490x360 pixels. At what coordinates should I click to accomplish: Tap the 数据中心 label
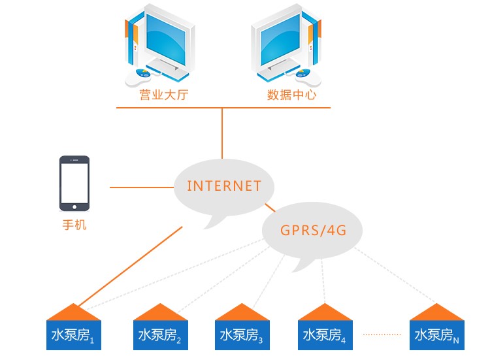tap(292, 95)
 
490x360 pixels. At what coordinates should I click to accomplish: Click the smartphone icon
tap(74, 184)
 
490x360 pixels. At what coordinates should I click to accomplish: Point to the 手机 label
tap(74, 226)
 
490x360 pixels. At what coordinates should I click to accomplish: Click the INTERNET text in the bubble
tap(223, 186)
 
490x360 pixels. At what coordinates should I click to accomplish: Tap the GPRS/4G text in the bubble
tap(312, 230)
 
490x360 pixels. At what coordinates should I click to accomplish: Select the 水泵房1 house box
tap(74, 335)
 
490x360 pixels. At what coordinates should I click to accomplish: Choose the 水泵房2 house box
tap(160, 335)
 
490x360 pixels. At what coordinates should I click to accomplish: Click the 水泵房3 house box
tap(242, 335)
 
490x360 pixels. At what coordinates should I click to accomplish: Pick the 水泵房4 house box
tap(325, 335)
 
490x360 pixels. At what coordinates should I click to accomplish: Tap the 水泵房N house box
tap(437, 335)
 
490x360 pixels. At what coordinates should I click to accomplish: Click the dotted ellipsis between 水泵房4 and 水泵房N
tap(382, 335)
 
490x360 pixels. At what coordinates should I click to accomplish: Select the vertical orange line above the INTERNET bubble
tap(222, 134)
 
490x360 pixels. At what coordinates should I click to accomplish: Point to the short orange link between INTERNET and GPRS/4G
tap(269, 208)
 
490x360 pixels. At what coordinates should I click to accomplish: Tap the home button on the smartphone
tap(74, 206)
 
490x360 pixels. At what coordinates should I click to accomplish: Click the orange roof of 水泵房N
tap(437, 312)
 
